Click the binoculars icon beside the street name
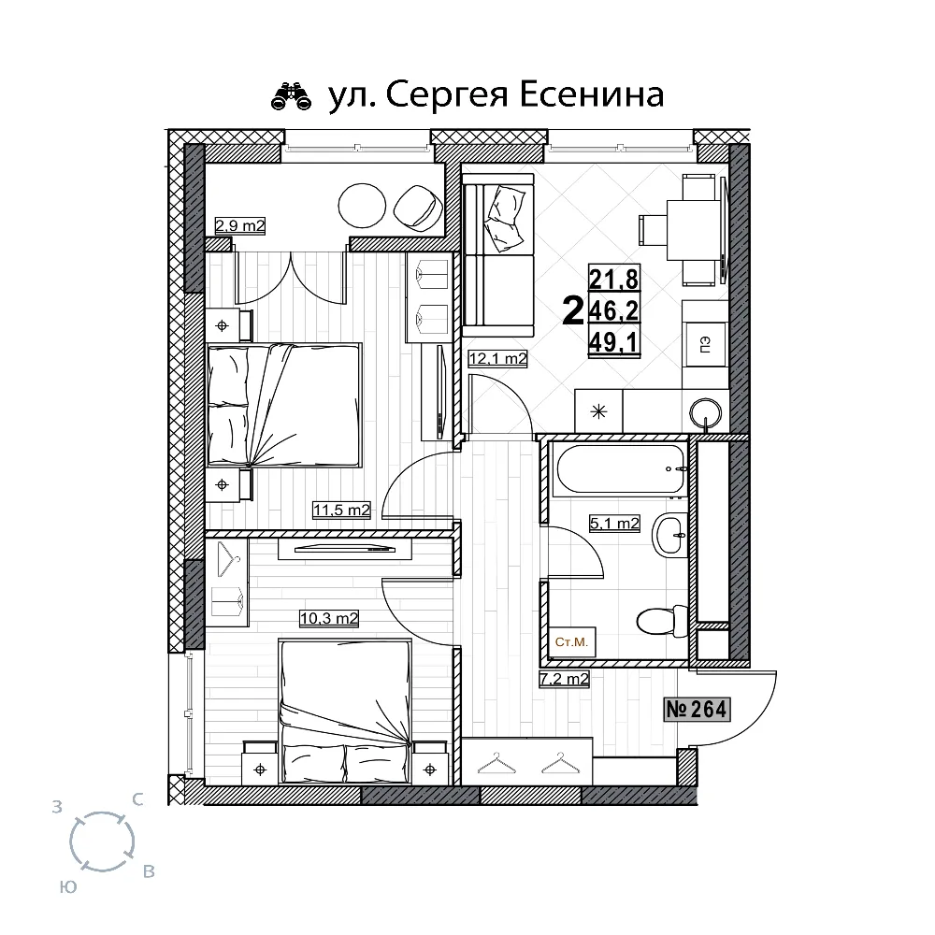292,97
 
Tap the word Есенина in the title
592,94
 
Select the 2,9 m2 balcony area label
239,226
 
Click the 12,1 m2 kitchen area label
498,359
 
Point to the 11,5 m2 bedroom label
341,510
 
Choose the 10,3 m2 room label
328,618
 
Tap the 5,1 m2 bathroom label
614,524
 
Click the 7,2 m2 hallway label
564,679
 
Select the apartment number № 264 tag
697,710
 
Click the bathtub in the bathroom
620,468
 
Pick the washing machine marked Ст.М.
572,642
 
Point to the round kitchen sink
705,412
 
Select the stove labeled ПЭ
705,345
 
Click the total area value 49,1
613,342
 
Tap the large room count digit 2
573,311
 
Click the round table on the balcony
362,205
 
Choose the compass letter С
137,800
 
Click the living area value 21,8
613,278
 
